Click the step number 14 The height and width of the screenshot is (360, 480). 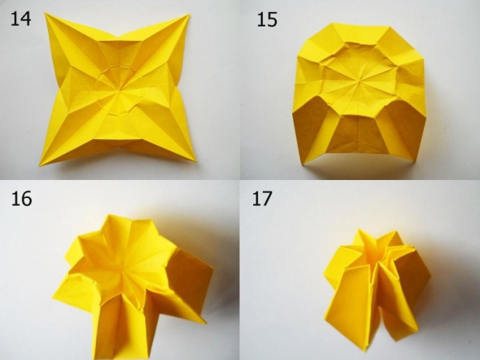pos(20,19)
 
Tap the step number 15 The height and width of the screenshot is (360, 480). pos(267,20)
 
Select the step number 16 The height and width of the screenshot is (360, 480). pos(22,199)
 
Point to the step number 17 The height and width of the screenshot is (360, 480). pos(262,198)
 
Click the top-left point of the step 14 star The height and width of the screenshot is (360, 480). pos(45,13)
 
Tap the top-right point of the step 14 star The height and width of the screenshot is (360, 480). pos(189,14)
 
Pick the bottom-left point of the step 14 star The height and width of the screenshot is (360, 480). pos(40,166)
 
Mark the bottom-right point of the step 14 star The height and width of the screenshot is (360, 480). pos(196,161)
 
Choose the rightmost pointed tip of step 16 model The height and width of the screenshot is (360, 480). pos(213,270)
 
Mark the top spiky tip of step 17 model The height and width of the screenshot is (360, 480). pos(358,230)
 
